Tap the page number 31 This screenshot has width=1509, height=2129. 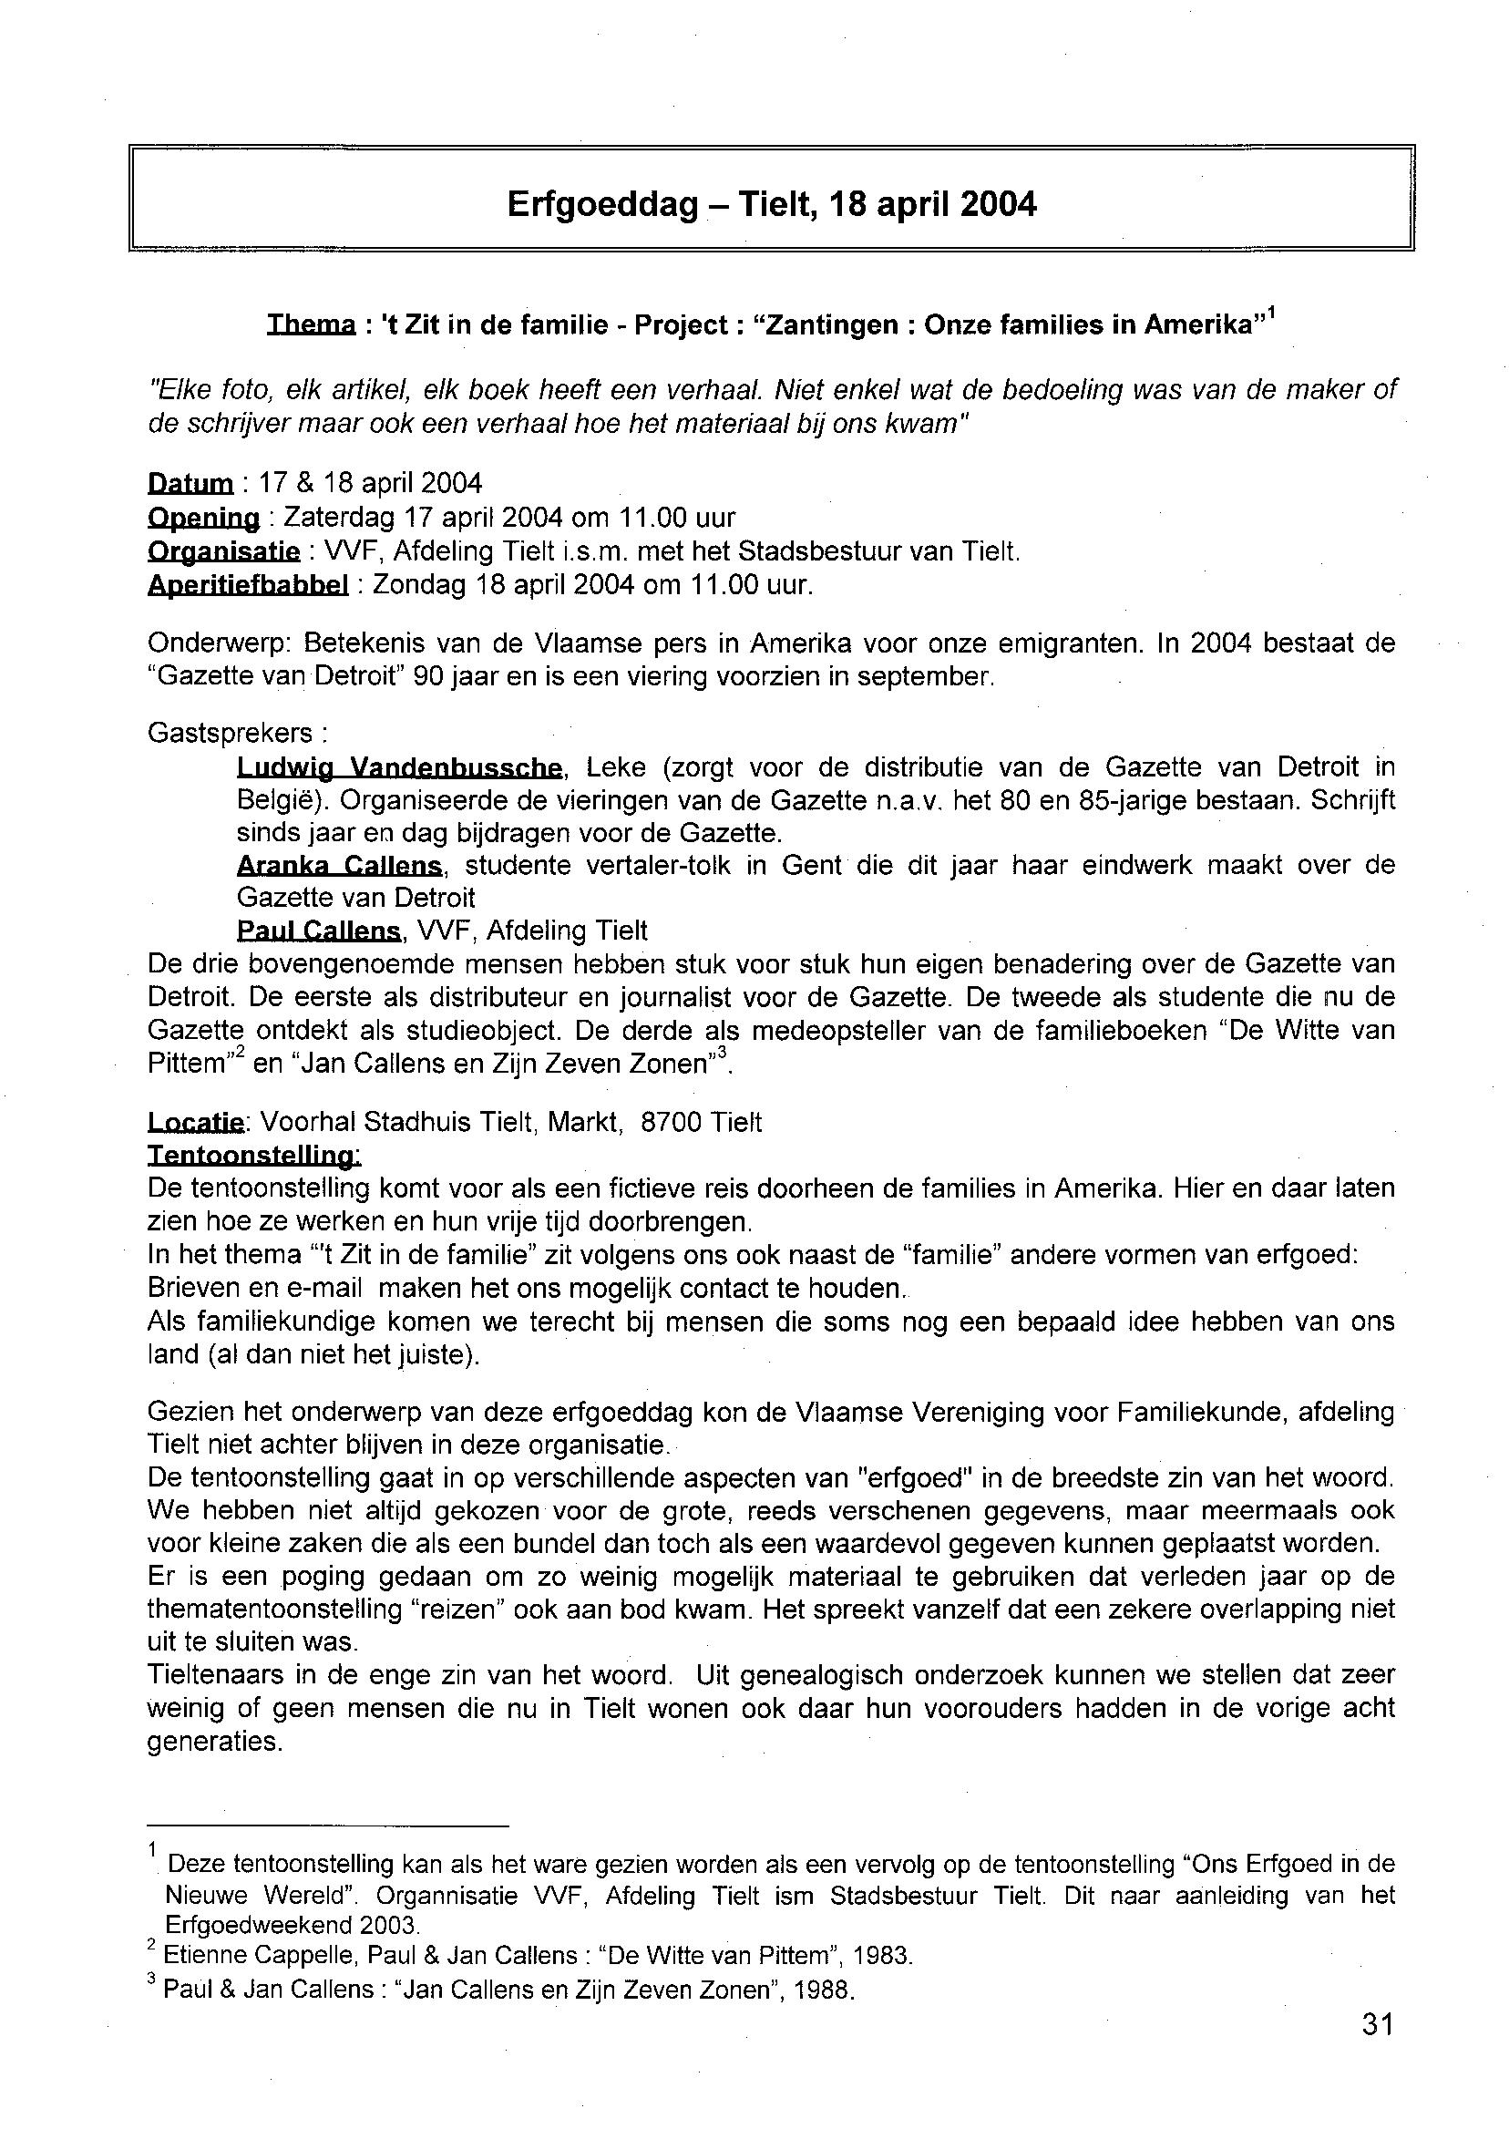1378,2023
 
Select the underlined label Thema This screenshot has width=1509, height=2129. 311,324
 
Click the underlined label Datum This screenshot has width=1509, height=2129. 190,483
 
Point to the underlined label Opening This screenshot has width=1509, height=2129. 203,517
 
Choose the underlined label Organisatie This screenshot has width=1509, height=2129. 224,551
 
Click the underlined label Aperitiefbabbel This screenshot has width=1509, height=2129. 248,585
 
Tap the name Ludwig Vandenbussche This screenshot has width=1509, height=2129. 399,767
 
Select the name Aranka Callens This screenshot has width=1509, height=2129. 339,865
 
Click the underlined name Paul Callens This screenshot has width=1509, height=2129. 319,931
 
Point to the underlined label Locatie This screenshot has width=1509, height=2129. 194,1122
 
